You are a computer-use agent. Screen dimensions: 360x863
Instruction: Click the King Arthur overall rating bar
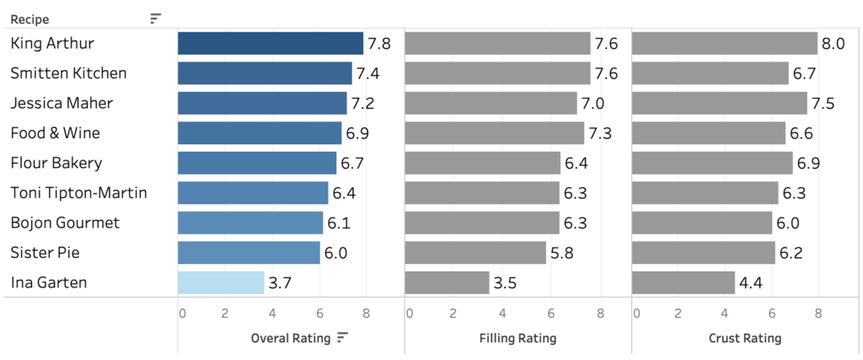(270, 44)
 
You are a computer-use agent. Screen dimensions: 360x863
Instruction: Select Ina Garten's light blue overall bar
(221, 282)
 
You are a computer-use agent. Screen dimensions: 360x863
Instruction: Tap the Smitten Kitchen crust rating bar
(710, 73)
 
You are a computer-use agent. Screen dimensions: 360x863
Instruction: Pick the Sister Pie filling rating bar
(475, 253)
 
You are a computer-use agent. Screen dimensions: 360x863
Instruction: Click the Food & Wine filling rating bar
(494, 133)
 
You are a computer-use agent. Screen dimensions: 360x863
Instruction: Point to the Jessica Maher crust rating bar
(719, 104)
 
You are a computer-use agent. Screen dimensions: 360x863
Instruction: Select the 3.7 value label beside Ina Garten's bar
(279, 283)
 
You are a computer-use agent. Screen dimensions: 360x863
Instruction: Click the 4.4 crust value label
(750, 283)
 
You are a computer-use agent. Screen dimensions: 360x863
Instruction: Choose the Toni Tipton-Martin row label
(78, 193)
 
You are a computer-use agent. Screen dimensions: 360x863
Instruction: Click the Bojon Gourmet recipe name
(65, 223)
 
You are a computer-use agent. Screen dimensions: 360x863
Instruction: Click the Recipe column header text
(29, 19)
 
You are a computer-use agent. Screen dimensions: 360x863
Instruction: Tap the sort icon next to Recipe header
(155, 19)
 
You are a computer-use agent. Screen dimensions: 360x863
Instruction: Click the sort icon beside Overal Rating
(342, 338)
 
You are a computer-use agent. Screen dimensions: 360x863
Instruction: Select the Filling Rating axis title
(517, 338)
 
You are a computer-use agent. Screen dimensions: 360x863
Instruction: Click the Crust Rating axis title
(744, 338)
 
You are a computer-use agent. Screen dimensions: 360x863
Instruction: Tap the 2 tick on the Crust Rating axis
(679, 314)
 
